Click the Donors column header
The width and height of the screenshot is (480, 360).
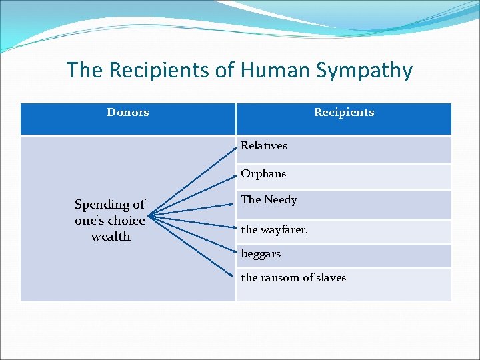[x=127, y=112]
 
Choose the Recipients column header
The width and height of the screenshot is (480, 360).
[x=344, y=112]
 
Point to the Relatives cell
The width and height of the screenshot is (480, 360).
[x=264, y=145]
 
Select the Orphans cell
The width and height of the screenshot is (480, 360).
[x=263, y=173]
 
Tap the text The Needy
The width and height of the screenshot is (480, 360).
[x=269, y=199]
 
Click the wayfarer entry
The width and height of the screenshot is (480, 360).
[x=274, y=229]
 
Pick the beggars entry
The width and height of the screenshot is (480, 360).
[x=261, y=253]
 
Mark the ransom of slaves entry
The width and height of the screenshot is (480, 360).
[x=293, y=277]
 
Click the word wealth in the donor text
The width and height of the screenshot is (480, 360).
[x=111, y=237]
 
